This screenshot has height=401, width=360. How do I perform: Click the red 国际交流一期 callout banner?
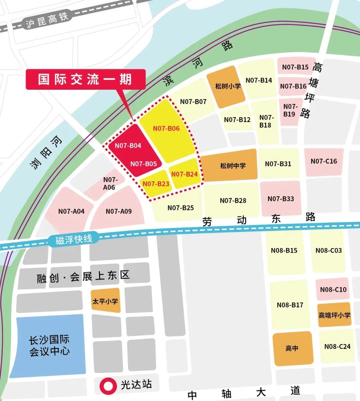85,79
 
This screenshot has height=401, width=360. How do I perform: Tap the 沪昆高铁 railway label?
47,20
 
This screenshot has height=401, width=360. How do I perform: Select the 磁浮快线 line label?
74,239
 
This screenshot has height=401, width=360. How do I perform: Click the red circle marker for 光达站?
108,386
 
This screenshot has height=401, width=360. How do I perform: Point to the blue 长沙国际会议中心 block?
49,345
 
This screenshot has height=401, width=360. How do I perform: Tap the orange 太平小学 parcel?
105,301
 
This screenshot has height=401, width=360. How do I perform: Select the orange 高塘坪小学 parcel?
334,315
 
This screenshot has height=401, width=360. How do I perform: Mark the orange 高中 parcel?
292,348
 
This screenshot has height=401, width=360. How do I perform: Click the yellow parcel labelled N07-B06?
166,128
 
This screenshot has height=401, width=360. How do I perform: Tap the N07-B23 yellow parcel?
156,184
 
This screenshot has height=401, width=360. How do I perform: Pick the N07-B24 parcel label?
184,174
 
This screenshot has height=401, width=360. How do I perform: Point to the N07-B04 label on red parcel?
128,146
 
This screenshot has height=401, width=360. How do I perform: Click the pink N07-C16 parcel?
324,161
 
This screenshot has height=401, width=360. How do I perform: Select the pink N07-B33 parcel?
281,199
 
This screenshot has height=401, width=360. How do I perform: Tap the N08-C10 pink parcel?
333,289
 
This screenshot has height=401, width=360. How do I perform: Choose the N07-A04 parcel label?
71,211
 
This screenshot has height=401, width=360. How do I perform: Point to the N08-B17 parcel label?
290,305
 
